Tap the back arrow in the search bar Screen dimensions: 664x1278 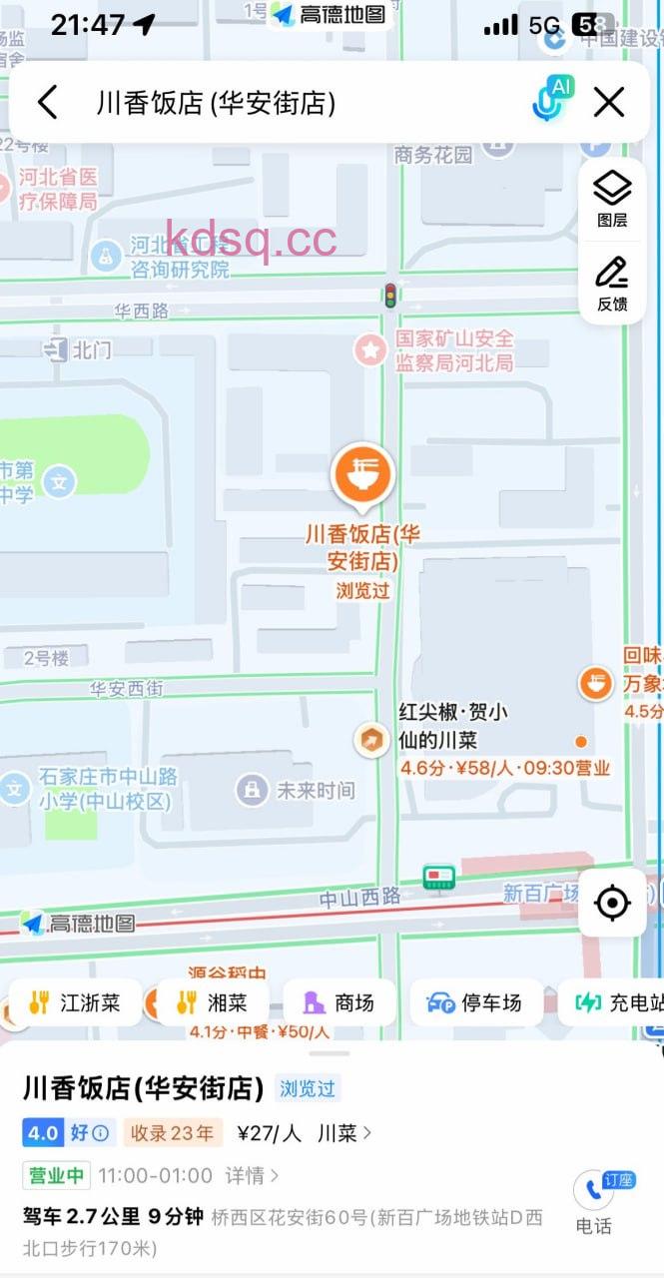click(48, 102)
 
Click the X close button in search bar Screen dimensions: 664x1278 click(609, 102)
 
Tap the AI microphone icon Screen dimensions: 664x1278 click(551, 101)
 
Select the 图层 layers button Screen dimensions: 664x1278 click(612, 197)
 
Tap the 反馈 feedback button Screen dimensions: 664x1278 click(612, 283)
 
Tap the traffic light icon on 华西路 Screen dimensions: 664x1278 click(389, 295)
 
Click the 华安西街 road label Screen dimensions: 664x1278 click(126, 689)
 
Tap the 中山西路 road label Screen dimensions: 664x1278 click(359, 898)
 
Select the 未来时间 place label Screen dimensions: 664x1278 click(315, 791)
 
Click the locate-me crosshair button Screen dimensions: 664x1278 click(611, 903)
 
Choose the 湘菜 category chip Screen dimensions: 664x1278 click(211, 1002)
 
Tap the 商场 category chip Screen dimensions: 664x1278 click(339, 1002)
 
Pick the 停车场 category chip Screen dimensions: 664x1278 click(474, 1002)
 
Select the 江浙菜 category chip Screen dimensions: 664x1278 click(75, 1002)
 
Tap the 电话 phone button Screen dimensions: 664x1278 click(593, 1201)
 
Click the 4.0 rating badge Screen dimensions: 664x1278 click(43, 1133)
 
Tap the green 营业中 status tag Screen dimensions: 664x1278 click(56, 1175)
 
